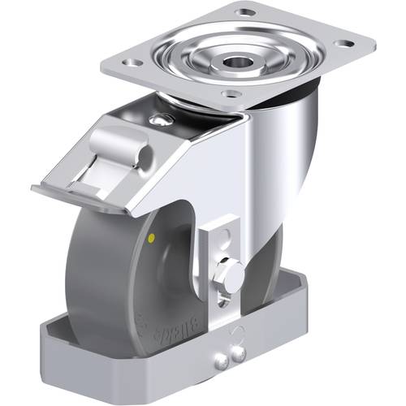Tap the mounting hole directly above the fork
click(x=235, y=94)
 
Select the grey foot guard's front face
click(x=122, y=357)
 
